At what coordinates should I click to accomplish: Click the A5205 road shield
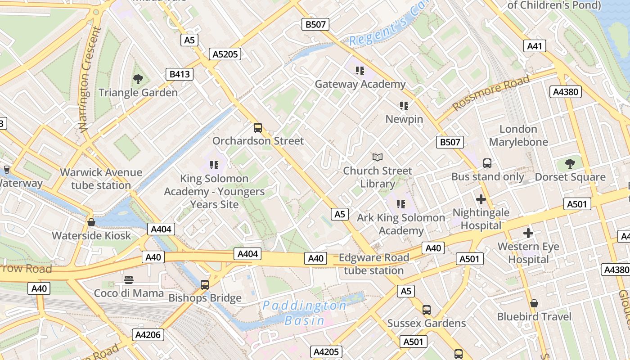coord(225,54)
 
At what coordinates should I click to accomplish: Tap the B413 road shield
coord(179,74)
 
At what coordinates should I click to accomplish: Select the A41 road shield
coord(535,45)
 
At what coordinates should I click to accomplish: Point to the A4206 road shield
coord(148,335)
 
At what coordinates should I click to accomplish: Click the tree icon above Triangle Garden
coord(138,80)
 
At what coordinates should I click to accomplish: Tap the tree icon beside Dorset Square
coord(570,164)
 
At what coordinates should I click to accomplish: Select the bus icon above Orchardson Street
coord(258,128)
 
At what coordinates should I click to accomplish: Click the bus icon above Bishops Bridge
coord(205,285)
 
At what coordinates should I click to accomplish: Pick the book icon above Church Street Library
coord(378,157)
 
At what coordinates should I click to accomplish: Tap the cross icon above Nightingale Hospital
coord(481,199)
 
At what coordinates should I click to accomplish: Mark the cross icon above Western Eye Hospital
coord(528,233)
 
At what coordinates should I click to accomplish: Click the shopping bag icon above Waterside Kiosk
coord(91,222)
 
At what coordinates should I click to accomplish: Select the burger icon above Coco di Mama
coord(129,280)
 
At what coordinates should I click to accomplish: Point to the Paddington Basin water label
coord(305,313)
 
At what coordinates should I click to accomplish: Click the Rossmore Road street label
coord(491,93)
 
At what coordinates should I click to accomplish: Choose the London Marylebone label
coord(518,135)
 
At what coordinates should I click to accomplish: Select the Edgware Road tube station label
coord(373,264)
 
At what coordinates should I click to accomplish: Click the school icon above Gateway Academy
coord(360,71)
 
